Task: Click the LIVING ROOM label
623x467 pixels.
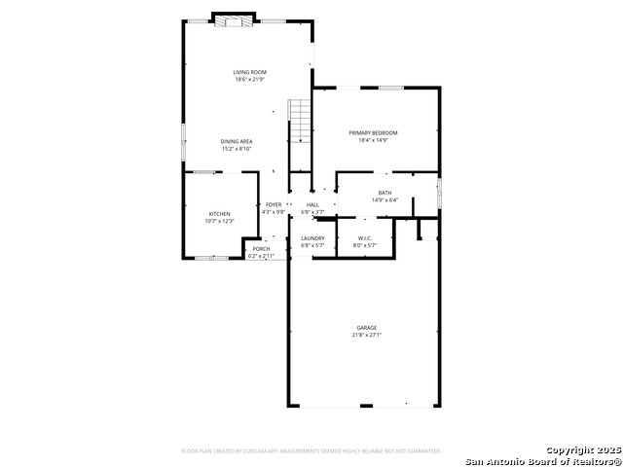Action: click(x=249, y=72)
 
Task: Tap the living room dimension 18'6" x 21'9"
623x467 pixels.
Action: click(x=249, y=79)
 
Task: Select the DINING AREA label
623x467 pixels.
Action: click(x=237, y=141)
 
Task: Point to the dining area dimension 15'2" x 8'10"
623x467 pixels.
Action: click(x=237, y=149)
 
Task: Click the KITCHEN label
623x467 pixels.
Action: click(x=219, y=214)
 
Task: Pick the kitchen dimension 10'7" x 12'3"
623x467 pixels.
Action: click(x=219, y=221)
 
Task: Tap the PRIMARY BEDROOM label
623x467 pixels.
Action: click(x=374, y=132)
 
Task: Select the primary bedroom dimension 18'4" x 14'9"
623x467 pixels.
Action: click(x=374, y=140)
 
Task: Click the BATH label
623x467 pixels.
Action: click(x=385, y=193)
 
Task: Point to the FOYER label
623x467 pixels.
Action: click(x=274, y=204)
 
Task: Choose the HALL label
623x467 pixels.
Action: click(x=312, y=204)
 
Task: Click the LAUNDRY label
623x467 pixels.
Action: click(x=312, y=238)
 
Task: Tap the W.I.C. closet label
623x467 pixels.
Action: click(x=365, y=238)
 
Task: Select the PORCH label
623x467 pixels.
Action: click(x=261, y=249)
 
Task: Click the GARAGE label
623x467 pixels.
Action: click(x=366, y=328)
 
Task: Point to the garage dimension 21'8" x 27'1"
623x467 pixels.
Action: click(x=366, y=336)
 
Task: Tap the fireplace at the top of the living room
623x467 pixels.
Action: click(x=234, y=21)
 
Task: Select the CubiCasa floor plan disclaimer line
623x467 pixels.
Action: click(x=311, y=451)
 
